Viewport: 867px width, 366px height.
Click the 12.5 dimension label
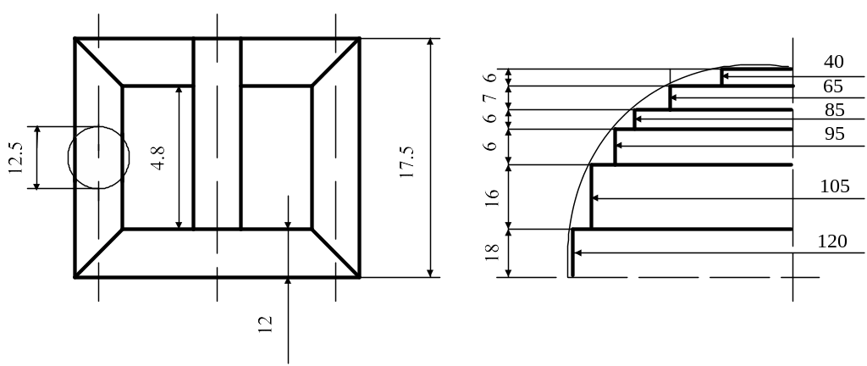[15, 158]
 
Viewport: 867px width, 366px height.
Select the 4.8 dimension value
[157, 158]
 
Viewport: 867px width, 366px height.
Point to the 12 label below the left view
[265, 322]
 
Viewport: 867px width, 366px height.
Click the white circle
[99, 158]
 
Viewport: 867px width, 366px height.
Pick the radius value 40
[834, 61]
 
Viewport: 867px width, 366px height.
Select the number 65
[832, 86]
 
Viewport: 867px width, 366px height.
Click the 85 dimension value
[834, 110]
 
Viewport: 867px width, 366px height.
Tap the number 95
[834, 133]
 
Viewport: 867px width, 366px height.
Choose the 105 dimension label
[835, 187]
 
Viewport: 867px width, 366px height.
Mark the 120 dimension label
[833, 241]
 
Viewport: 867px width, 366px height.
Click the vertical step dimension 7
[489, 97]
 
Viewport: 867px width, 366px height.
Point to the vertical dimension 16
[491, 197]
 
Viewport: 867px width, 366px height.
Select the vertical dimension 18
[491, 252]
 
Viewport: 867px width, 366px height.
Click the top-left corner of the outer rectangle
[75, 39]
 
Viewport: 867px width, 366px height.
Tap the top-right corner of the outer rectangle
[360, 39]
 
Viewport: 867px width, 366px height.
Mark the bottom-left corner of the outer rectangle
[75, 276]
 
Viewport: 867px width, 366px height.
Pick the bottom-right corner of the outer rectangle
[360, 276]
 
